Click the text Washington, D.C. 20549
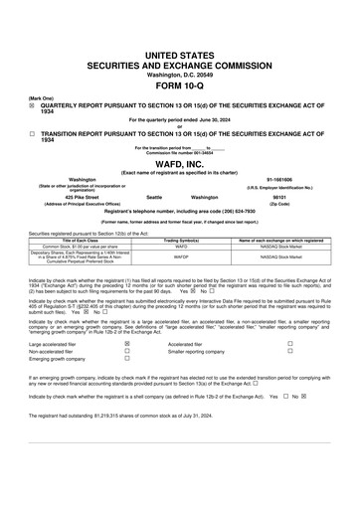pos(179,74)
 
